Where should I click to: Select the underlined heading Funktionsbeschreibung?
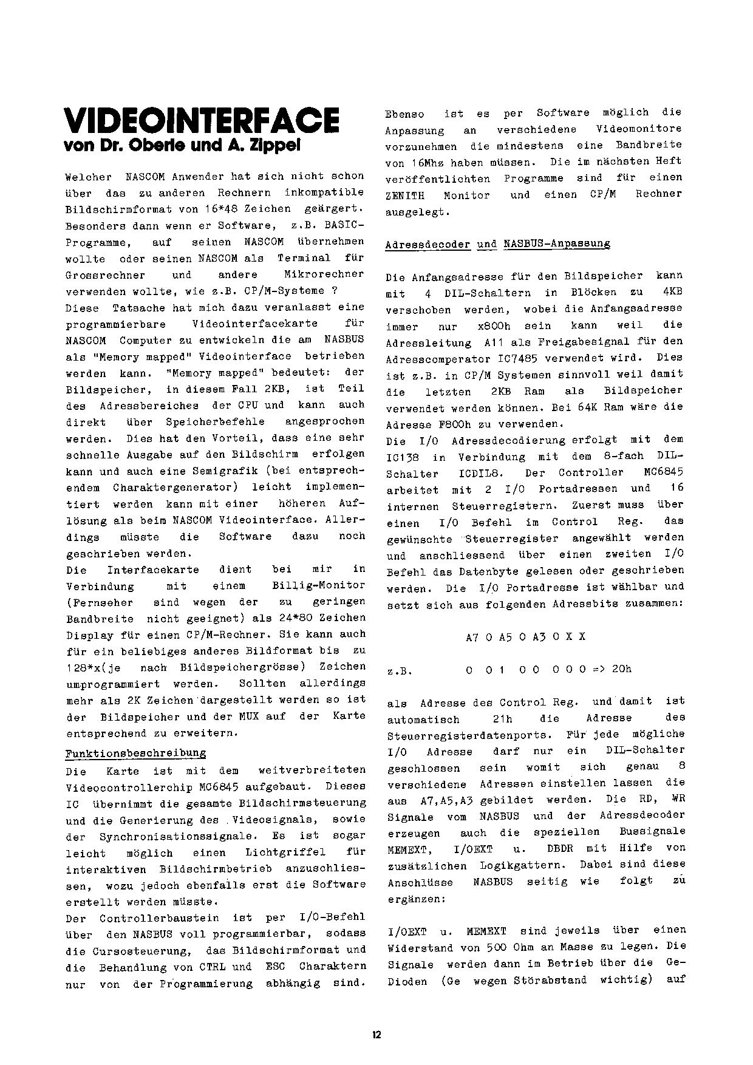[x=135, y=754]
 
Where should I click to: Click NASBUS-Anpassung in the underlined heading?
[x=556, y=244]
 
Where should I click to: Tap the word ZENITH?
[x=405, y=196]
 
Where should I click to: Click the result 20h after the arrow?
[x=622, y=669]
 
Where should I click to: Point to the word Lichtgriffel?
[x=285, y=853]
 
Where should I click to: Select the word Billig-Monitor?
[x=319, y=586]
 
